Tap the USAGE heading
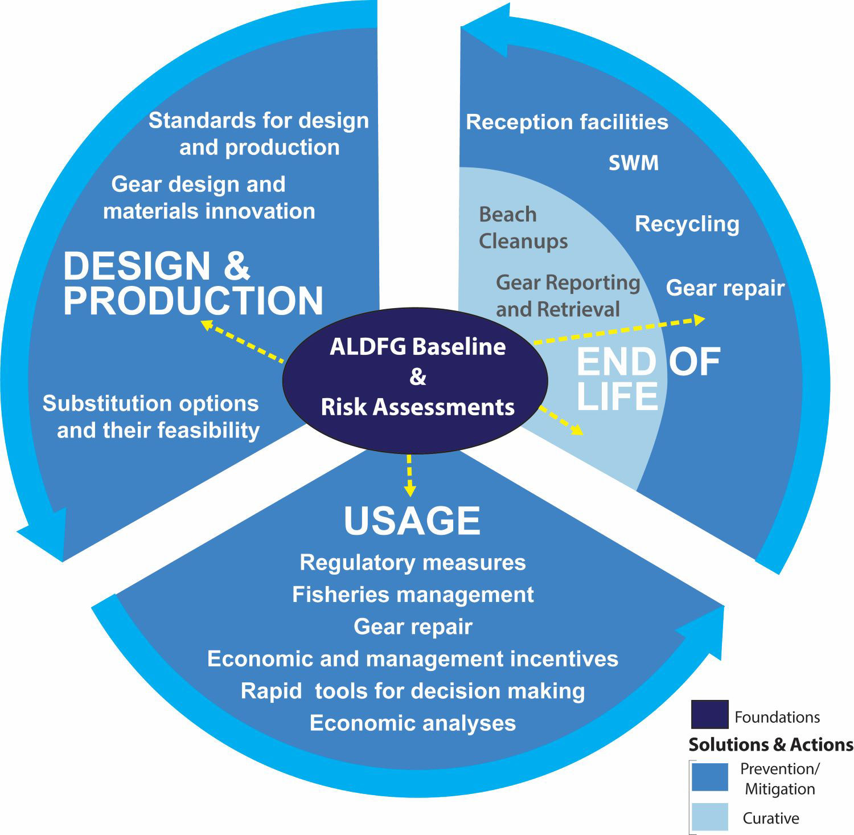click(412, 521)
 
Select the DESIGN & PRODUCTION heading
click(193, 284)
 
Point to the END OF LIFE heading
click(648, 379)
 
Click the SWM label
click(634, 163)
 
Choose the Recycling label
click(687, 224)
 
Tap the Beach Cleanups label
click(523, 228)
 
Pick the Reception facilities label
click(567, 122)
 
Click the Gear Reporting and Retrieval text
click(568, 296)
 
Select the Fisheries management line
click(413, 595)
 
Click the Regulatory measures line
click(413, 563)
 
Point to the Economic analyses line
click(413, 723)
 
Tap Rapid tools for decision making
click(413, 691)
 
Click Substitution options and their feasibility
click(151, 416)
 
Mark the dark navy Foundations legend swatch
click(709, 715)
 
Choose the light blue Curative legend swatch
click(709, 817)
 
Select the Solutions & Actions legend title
click(771, 745)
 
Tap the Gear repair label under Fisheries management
click(413, 627)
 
